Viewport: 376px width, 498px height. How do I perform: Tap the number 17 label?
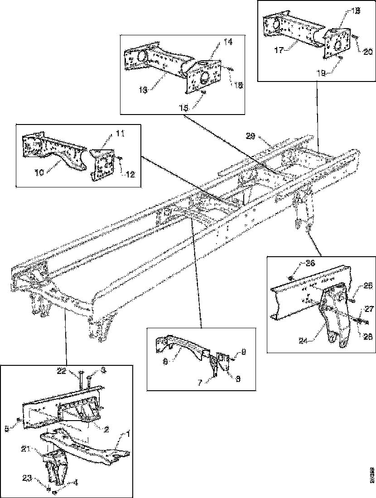coord(280,51)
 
